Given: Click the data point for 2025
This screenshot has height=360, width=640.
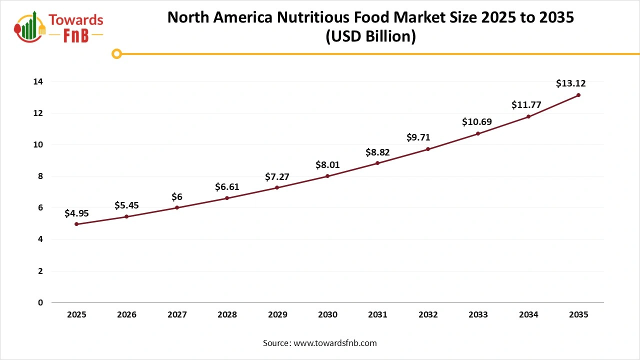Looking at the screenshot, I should coord(76,224).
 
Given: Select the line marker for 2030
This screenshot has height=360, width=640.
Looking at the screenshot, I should coord(327,176).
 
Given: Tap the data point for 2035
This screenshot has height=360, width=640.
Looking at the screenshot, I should coord(578,95).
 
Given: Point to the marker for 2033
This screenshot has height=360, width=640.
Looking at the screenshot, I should coord(478,133).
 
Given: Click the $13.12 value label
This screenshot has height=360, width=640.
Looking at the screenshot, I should coord(570,83).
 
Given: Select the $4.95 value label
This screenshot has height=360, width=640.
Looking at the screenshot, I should coord(76,213).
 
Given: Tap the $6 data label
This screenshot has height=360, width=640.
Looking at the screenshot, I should coord(177,197).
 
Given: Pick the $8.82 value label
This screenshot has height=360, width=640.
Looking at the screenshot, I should coord(377,152).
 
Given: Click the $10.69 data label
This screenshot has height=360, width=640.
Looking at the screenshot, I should coord(478,121).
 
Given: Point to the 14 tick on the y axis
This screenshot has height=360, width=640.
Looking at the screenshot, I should coord(38,81).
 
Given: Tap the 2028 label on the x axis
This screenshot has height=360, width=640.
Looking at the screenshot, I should coord(227,315).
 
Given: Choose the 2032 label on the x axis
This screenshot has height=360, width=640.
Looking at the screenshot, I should coord(428,315).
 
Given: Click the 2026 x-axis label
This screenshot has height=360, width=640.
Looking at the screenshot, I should coord(126,315).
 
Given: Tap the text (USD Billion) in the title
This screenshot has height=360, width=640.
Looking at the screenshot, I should coord(370,36).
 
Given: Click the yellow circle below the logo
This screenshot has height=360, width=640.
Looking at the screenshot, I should coord(116,53).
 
